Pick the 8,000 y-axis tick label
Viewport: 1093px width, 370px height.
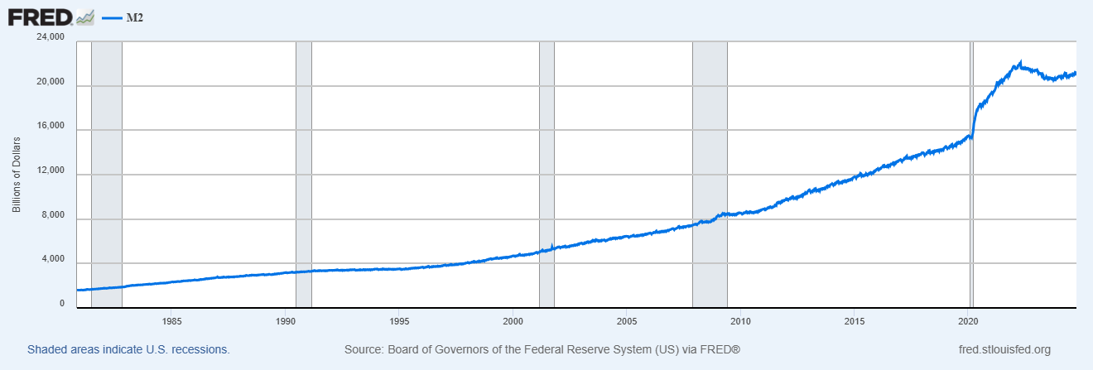[52, 215]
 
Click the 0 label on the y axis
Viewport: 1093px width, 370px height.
[61, 304]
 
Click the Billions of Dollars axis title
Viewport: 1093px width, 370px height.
[17, 174]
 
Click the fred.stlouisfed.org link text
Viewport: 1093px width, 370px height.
[1003, 350]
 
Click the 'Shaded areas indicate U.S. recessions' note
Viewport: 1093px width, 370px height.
[128, 350]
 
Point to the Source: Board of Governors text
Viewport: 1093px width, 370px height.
[542, 350]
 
